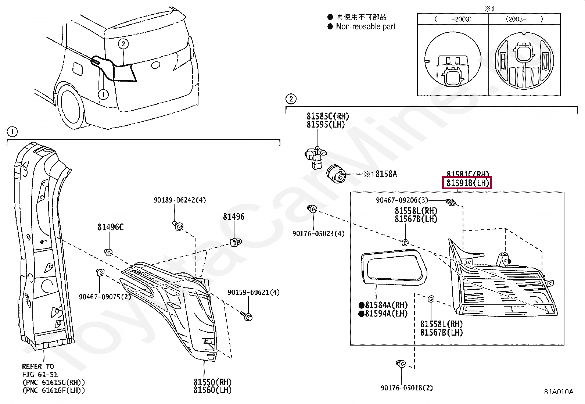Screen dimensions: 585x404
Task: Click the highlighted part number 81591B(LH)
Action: pos(467,183)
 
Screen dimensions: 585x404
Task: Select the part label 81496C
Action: pos(110,227)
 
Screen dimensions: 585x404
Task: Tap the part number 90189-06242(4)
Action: pos(180,200)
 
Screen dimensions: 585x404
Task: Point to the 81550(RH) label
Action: pos(213,382)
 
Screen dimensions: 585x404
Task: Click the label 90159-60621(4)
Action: pos(254,292)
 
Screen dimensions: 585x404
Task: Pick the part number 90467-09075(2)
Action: pos(105,297)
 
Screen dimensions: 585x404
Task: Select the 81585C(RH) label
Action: pos(328,117)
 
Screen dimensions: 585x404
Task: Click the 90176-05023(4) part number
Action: pos(318,233)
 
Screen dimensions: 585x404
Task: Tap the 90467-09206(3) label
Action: pos(402,200)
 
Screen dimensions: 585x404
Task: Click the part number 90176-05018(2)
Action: pos(406,388)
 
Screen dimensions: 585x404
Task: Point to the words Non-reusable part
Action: pos(366,26)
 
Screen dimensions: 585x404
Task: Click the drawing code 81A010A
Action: pos(559,392)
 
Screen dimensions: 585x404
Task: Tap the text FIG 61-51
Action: pos(40,375)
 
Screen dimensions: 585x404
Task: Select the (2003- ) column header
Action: pos(524,19)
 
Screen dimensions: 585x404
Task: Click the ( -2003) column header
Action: pos(453,19)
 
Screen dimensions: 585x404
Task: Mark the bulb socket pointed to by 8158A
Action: pos(336,174)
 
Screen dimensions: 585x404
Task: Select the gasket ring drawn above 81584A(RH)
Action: pos(394,267)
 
